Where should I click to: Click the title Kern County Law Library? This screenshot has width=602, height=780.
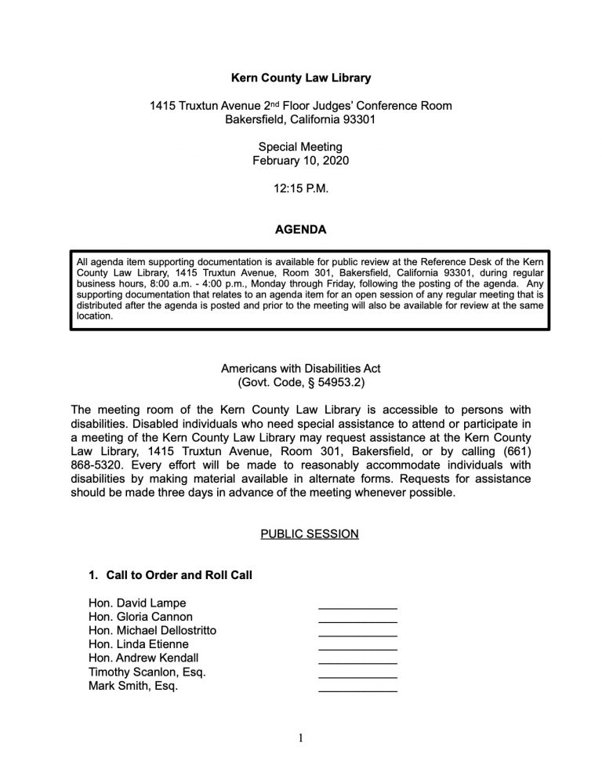(x=300, y=78)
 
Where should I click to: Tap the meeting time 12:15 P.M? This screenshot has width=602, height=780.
(x=300, y=188)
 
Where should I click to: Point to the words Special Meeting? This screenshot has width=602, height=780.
(x=300, y=147)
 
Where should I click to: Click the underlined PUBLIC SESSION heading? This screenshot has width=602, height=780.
(x=309, y=534)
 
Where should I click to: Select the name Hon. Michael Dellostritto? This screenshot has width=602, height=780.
(x=153, y=631)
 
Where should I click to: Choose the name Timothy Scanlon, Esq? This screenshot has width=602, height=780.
(x=148, y=672)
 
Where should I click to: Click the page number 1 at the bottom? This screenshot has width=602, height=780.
(x=300, y=738)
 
